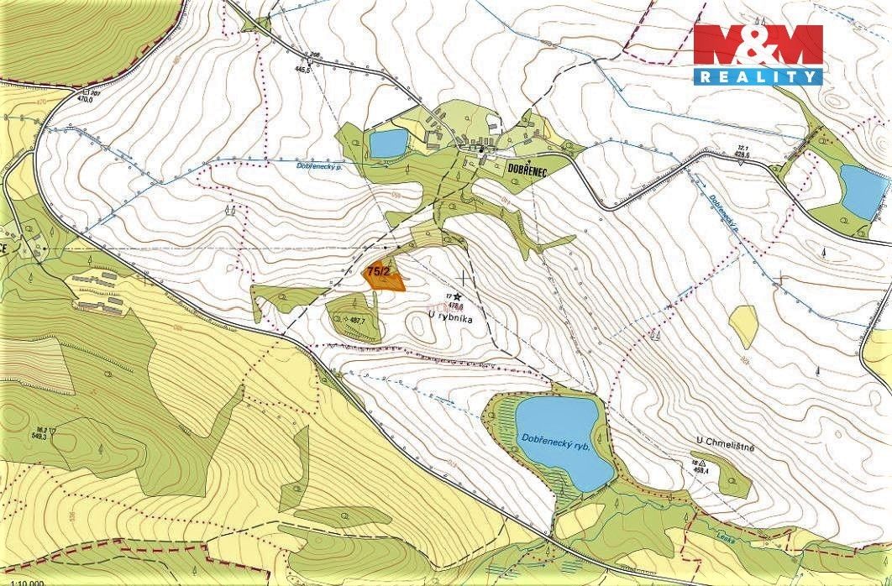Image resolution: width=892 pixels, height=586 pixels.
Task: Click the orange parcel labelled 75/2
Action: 383,277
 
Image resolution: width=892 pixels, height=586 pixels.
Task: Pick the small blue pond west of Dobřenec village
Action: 387,144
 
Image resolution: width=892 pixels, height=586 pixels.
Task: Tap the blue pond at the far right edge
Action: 863,189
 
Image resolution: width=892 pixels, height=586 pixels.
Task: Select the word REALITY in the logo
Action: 758,76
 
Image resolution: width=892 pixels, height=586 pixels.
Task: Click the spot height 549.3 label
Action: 39,437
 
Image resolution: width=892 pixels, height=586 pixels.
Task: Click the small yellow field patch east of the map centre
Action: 743,325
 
